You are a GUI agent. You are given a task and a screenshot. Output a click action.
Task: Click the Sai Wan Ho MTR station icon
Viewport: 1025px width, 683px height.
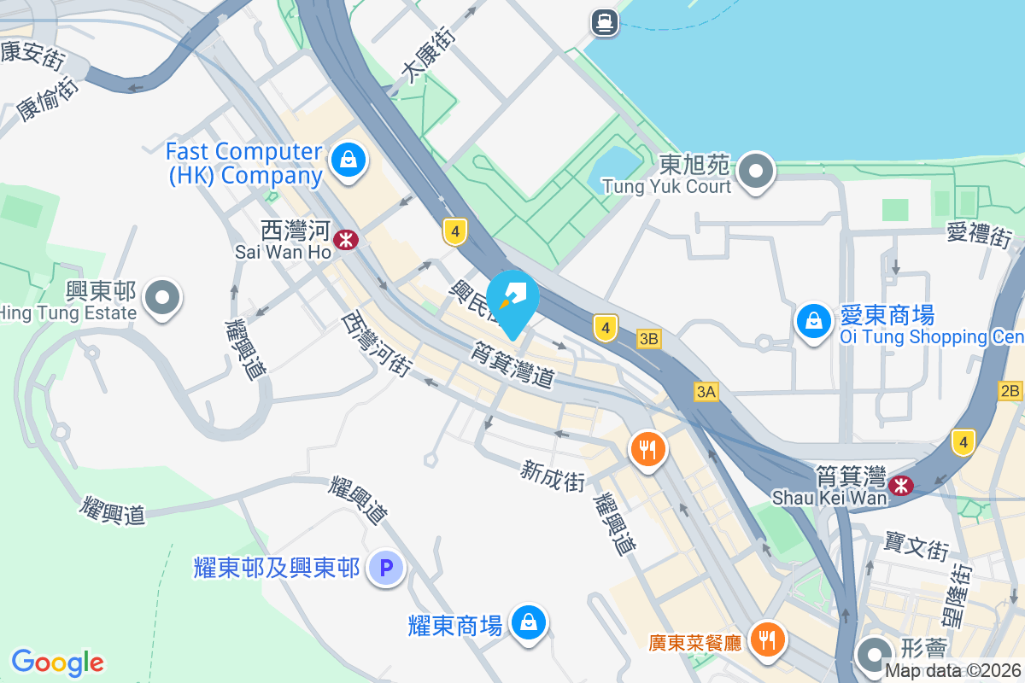coord(346,240)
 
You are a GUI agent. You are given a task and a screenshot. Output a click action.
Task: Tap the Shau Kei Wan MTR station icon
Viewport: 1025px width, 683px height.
coord(899,486)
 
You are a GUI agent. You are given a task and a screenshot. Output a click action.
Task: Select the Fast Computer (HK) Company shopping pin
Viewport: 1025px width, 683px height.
coord(348,159)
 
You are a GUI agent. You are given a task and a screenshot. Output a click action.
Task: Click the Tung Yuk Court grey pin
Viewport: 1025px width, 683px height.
coord(756,171)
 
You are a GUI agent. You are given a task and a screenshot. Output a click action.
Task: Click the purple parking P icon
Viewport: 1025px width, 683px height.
coord(385,567)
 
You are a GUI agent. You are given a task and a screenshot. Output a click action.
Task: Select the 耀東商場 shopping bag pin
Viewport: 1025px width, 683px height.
coord(530,622)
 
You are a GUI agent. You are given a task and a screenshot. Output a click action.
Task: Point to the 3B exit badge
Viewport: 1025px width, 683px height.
coord(649,339)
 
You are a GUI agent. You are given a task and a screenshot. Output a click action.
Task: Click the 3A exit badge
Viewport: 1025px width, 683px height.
coord(706,392)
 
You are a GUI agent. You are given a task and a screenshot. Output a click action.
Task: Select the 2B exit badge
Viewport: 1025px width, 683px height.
coord(1010,391)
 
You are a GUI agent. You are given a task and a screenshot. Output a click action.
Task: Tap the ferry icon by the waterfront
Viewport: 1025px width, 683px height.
coord(605,21)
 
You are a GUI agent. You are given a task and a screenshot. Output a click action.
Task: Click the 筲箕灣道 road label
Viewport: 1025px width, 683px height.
coord(512,364)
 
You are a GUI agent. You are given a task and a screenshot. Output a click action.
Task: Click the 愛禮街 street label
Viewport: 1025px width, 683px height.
coord(980,233)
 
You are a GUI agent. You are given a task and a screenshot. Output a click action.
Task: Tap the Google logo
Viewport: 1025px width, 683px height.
coord(58,663)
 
